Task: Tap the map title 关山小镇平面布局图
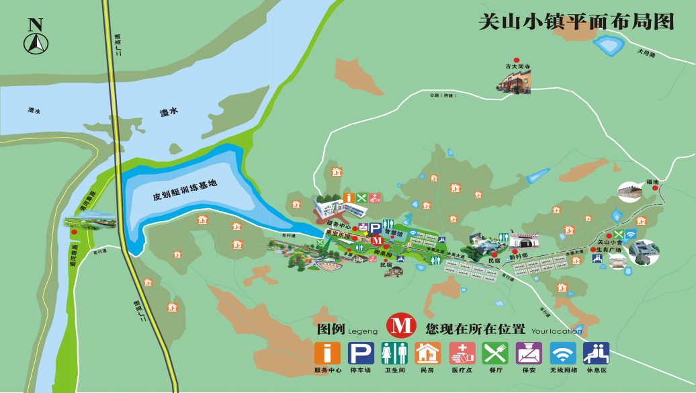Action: click(x=576, y=21)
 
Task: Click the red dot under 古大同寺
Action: click(x=517, y=60)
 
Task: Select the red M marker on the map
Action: click(x=377, y=240)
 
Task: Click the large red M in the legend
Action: click(x=402, y=326)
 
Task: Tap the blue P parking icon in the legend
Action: click(x=361, y=353)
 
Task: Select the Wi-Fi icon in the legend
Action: click(x=562, y=353)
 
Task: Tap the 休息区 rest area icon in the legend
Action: click(x=596, y=353)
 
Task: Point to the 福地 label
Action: click(x=652, y=182)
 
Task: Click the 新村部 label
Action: click(x=518, y=256)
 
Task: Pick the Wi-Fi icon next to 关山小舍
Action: click(x=630, y=234)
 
